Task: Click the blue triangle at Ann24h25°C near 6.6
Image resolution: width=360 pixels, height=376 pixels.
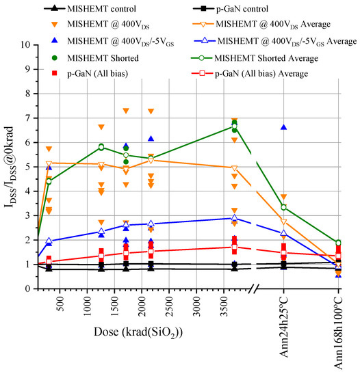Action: click(283, 128)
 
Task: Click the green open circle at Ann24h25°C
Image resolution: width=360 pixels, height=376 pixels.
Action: click(283, 207)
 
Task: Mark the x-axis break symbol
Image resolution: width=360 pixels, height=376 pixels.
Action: click(256, 289)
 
